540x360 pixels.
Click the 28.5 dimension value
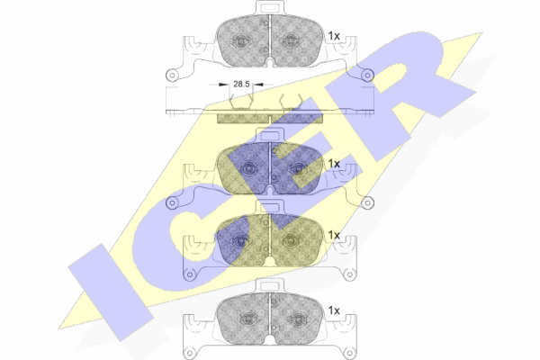pos(241,84)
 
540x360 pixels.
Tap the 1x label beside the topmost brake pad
pos(334,36)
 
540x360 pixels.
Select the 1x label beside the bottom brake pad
pos(334,310)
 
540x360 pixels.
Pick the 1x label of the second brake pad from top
pos(334,164)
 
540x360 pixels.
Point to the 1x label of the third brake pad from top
pos(334,235)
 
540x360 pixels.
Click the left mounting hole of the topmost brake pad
pos(172,75)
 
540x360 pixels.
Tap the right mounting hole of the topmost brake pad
pos(368,75)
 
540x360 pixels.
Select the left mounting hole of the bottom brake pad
pos(189,354)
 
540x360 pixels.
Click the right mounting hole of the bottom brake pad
pos(350,354)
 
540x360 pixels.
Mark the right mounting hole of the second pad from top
pos(368,202)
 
